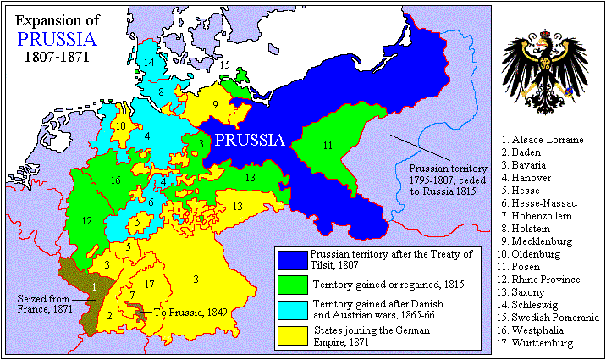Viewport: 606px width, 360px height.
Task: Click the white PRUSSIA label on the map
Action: (247, 141)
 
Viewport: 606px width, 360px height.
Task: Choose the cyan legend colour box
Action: (292, 309)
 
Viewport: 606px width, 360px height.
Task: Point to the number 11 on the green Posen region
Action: (327, 145)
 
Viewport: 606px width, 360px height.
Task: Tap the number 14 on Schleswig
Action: (149, 63)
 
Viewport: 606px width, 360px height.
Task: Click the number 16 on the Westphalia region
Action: (116, 180)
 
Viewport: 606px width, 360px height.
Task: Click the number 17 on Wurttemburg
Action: (150, 284)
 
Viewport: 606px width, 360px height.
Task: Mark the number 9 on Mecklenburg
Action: (215, 104)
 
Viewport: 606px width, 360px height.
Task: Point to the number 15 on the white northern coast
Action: (225, 64)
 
